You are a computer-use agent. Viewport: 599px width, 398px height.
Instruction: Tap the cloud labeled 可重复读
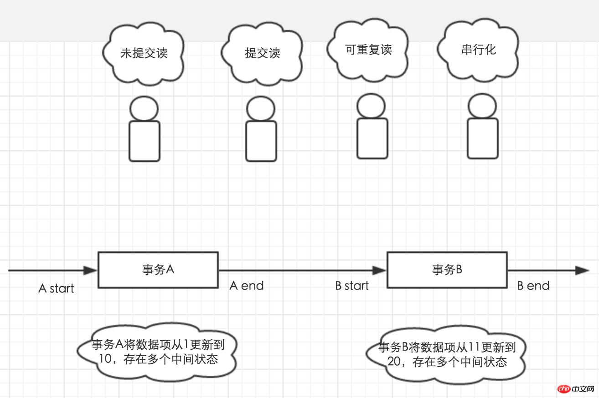[368, 50]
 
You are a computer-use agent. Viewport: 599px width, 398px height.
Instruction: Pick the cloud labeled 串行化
[478, 50]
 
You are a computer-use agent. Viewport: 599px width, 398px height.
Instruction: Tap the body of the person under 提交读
[261, 141]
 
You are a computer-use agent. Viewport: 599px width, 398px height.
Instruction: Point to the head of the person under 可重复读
[371, 106]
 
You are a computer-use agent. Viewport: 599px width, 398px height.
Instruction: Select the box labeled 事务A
[158, 270]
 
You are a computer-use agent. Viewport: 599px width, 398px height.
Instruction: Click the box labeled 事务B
[447, 270]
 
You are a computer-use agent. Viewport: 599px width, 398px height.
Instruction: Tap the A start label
[56, 288]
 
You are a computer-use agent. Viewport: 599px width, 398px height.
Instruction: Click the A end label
[246, 286]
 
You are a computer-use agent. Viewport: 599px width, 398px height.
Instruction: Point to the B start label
[352, 286]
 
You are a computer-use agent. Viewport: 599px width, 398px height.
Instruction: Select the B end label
[533, 286]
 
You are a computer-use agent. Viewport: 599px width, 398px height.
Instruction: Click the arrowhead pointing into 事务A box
[90, 270]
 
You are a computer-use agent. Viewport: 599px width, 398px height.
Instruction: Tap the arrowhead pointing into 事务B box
[379, 270]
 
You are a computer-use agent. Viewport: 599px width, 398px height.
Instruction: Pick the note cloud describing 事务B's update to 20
[447, 354]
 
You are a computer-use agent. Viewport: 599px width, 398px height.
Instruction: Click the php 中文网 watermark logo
[576, 389]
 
